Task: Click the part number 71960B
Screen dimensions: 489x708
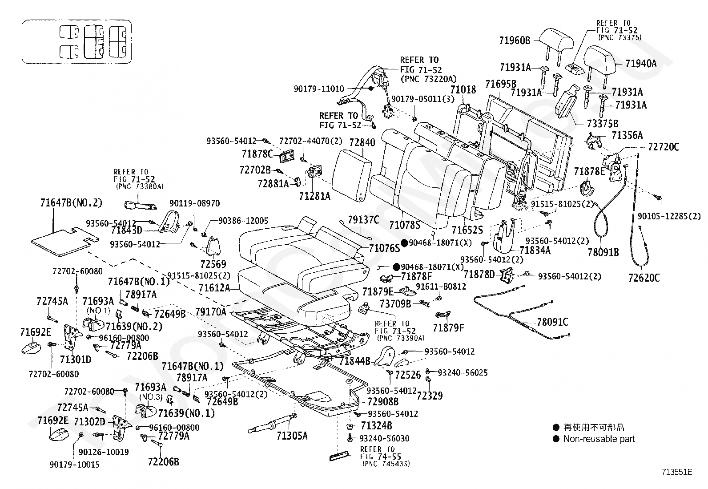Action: pyautogui.click(x=515, y=41)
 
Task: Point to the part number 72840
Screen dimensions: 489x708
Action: pyautogui.click(x=362, y=143)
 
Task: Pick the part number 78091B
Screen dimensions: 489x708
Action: pyautogui.click(x=603, y=252)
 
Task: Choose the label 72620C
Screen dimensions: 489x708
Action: pyautogui.click(x=644, y=278)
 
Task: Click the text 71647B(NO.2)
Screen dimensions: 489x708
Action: pyautogui.click(x=71, y=203)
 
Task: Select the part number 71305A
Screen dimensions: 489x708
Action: pyautogui.click(x=292, y=436)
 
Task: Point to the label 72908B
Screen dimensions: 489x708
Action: pyautogui.click(x=383, y=401)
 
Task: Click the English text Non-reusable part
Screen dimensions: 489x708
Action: pyautogui.click(x=599, y=439)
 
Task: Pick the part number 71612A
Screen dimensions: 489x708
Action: pyautogui.click(x=214, y=288)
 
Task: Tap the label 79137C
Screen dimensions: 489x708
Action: pyautogui.click(x=363, y=219)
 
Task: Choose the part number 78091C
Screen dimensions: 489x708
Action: pyautogui.click(x=552, y=322)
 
